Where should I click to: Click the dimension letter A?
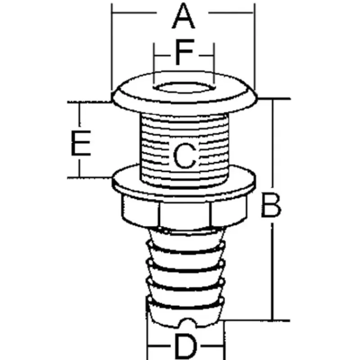pos(184,16)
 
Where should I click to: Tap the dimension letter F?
pos(184,52)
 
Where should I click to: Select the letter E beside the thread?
pos(81,143)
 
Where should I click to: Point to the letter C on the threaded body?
pos(184,155)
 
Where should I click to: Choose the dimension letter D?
pos(185,346)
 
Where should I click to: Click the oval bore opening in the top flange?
pos(184,88)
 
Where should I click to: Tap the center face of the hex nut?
pos(184,215)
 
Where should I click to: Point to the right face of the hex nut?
pos(229,211)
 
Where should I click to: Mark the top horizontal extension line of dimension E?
pos(90,102)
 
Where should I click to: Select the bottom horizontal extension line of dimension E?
pos(90,177)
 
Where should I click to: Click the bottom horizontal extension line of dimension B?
pos(255,320)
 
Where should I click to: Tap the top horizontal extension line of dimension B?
pos(274,99)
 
